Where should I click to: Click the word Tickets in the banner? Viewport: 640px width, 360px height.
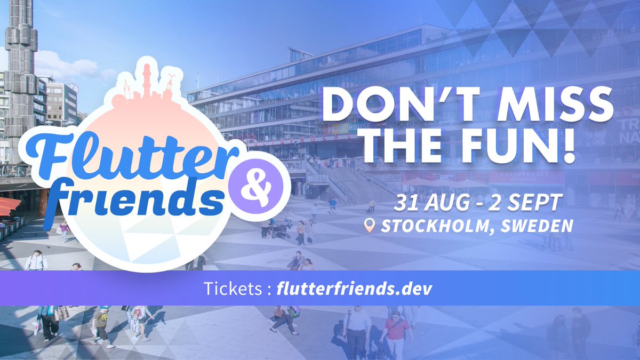pyautogui.click(x=233, y=289)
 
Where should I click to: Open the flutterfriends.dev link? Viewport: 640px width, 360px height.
pyautogui.click(x=354, y=289)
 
